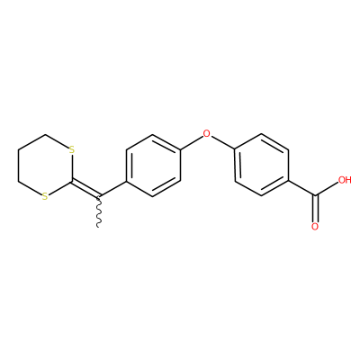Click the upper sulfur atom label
71,149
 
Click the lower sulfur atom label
45,197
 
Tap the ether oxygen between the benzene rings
207,133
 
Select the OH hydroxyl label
345,180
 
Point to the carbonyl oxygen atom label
315,227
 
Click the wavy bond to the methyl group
99,211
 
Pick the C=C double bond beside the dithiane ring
85,189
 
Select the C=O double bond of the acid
315,210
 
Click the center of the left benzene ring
153,166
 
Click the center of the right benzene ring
262,166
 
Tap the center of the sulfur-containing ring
45,166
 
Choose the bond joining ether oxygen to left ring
192,142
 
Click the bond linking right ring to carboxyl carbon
301,189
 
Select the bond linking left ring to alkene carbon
112,189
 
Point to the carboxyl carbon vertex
315,196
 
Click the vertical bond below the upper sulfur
72,167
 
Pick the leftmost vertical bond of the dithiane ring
18,166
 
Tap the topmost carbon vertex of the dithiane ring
45,134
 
